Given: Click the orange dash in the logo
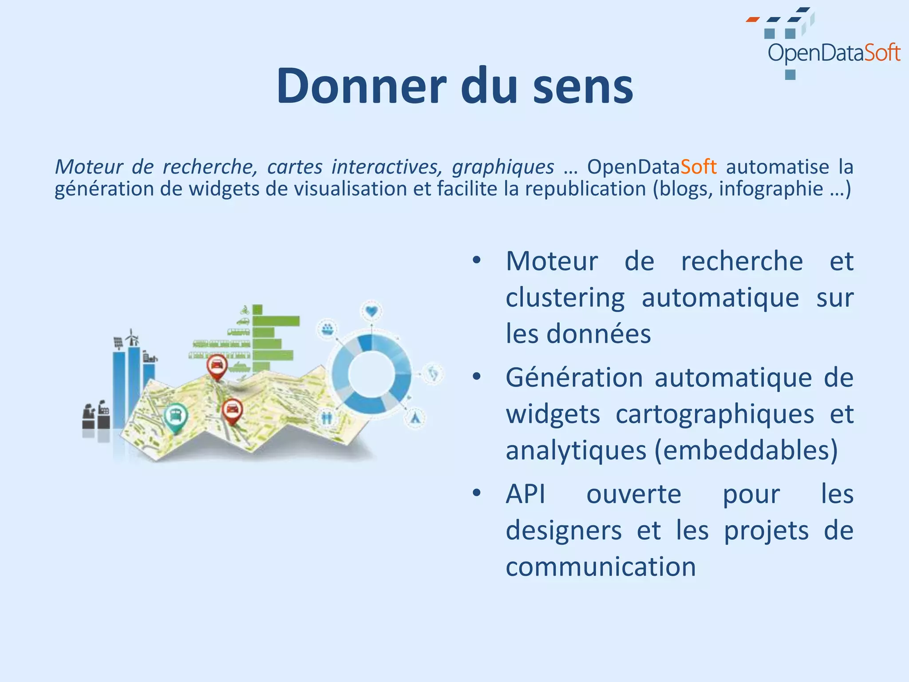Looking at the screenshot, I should point(752,20).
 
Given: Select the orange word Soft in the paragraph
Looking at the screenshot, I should point(698,167).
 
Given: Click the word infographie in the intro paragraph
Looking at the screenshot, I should point(771,189).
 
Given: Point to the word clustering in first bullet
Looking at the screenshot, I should point(565,297).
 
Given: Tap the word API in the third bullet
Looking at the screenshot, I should point(526,494).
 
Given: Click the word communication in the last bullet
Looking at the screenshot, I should point(601,567).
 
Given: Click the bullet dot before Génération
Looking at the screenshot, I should point(477,377).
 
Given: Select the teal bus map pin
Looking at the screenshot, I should point(176,416).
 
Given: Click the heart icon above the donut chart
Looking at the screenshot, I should point(372,311).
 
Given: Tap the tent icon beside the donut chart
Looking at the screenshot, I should point(415,418).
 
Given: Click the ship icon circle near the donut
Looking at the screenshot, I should point(327,329).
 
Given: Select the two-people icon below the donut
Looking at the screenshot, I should point(327,417).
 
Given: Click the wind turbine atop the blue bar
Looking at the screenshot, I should point(132,338).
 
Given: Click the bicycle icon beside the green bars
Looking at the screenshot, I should point(244,309).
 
